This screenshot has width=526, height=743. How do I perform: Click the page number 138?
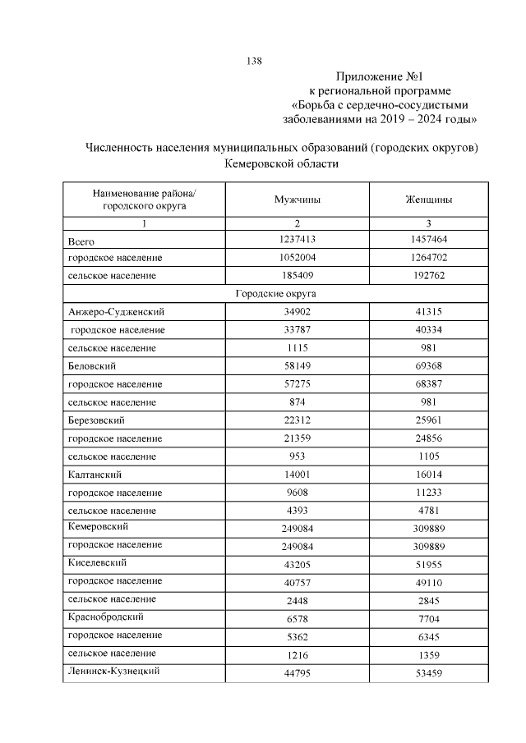tap(254, 62)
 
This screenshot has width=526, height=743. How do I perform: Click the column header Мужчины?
tap(297, 200)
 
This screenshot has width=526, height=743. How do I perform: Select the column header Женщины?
tap(428, 200)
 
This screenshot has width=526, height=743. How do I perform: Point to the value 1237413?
tap(297, 240)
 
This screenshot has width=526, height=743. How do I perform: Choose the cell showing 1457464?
tap(428, 240)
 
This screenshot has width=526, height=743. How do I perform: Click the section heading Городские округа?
tap(276, 293)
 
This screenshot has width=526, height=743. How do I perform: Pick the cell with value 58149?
tap(297, 366)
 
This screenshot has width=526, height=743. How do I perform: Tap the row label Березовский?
tap(96, 420)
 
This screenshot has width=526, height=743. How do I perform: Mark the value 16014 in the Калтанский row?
tap(428, 474)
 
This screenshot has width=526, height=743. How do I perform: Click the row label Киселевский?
tap(96, 562)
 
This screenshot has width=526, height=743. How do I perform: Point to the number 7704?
tap(428, 617)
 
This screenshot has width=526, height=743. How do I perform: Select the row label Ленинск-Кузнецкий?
tap(113, 671)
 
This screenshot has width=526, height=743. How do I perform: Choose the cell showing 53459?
tap(428, 672)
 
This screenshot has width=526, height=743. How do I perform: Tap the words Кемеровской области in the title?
tap(281, 164)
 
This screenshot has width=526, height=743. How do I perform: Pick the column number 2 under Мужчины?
tap(297, 223)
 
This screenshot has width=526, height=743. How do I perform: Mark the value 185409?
tap(297, 276)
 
